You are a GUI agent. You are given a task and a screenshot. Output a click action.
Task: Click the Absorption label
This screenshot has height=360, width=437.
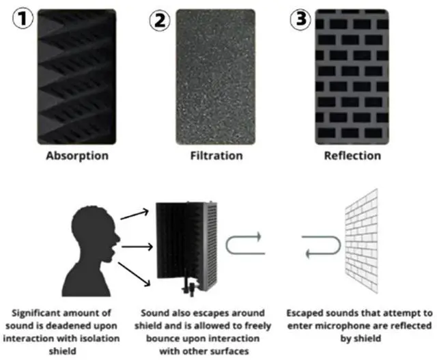[77, 156]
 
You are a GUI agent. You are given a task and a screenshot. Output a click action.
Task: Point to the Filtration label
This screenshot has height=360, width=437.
[216, 156]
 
